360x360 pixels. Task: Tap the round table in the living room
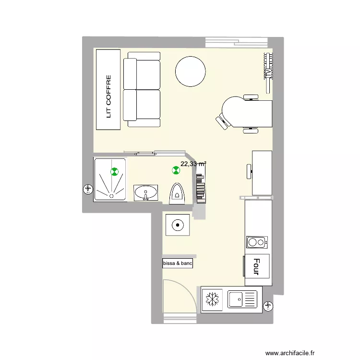click(191, 72)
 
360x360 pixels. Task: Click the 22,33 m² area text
click(193, 164)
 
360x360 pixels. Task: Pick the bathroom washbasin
click(145, 193)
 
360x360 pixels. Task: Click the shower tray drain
click(111, 195)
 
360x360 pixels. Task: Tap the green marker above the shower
click(114, 171)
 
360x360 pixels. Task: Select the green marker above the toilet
click(176, 169)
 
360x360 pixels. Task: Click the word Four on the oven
click(256, 267)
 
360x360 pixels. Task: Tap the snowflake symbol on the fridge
click(212, 300)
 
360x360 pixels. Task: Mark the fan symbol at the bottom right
click(268, 305)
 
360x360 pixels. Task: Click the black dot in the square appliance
click(178, 224)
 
